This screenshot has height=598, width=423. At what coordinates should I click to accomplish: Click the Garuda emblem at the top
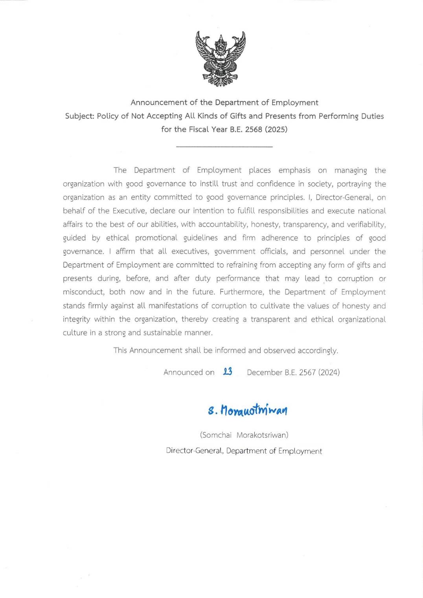coord(221,59)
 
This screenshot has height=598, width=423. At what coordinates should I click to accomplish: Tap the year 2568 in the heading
coord(254,129)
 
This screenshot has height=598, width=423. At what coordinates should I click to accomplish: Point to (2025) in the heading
coord(276,129)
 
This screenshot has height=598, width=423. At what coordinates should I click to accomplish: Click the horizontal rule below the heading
coord(224,147)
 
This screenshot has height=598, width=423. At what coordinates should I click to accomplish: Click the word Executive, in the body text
coord(129,211)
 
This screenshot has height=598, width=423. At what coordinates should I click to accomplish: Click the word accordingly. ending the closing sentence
coord(318,350)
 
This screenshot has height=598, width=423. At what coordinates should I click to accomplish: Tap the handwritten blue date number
coord(227,372)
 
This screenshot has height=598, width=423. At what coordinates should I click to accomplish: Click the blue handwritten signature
coord(248,410)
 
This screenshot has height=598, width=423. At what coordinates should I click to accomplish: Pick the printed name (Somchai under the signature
coord(215,435)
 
